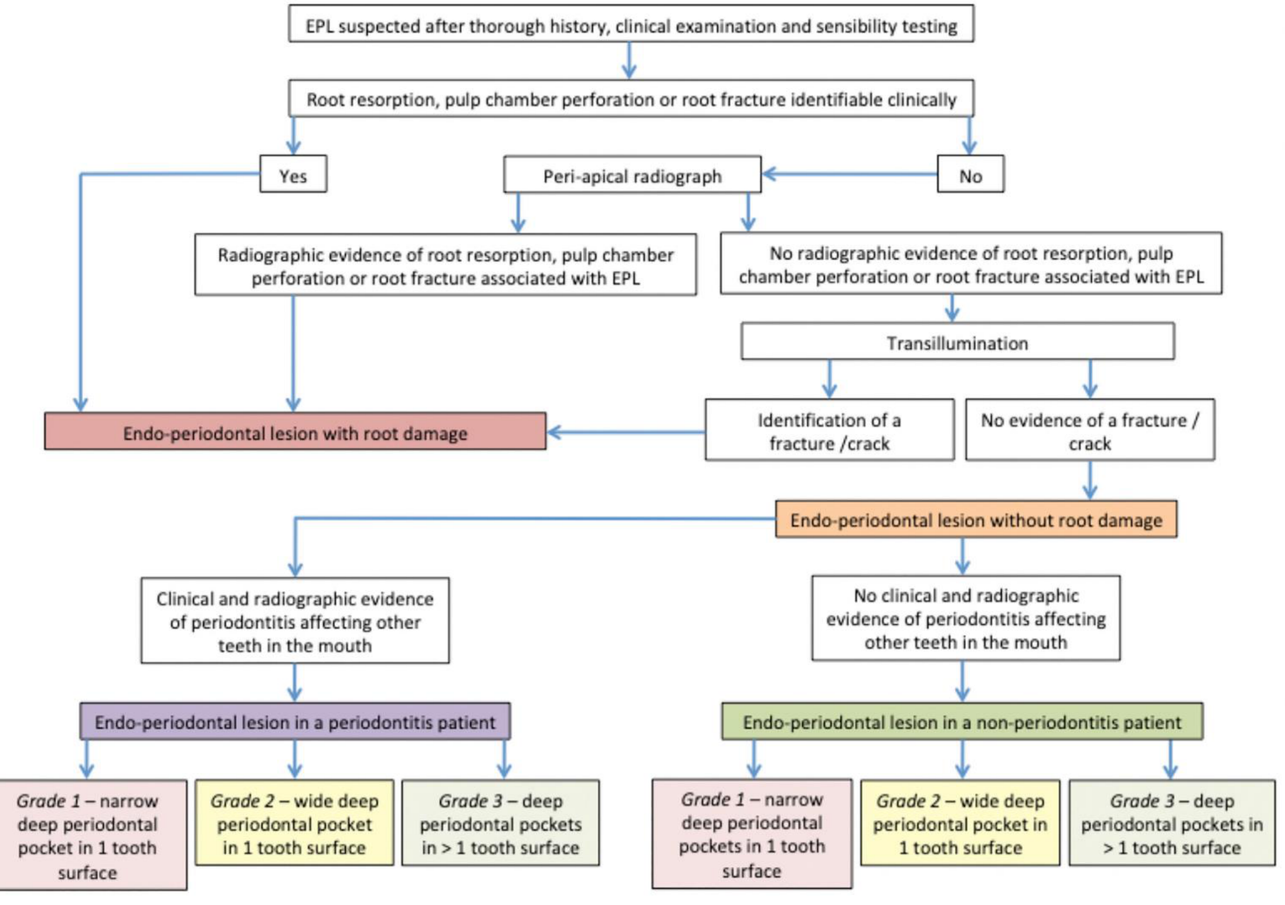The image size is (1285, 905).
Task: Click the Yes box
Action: [x=293, y=174]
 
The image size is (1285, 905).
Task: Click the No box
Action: [x=970, y=174]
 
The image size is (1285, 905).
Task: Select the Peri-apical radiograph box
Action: [x=632, y=175]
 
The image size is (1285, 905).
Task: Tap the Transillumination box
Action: [x=958, y=341]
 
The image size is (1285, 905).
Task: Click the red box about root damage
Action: [x=296, y=431]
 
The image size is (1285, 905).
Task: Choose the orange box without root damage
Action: [x=976, y=519]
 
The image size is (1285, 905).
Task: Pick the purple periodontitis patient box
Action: [x=295, y=721]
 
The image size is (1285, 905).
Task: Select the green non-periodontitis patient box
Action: [x=962, y=721]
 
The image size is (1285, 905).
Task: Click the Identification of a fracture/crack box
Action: [x=830, y=430]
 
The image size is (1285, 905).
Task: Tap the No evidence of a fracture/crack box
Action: [x=1090, y=430]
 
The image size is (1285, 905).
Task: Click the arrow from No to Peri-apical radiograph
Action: [x=850, y=174]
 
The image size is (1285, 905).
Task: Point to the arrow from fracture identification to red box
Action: [x=626, y=433]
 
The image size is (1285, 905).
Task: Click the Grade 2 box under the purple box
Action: [x=294, y=823]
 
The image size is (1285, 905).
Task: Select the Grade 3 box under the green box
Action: [x=1172, y=823]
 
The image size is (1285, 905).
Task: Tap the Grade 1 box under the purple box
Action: [x=93, y=835]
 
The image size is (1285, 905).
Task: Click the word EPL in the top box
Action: [x=320, y=26]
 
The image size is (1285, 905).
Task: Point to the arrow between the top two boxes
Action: [x=629, y=60]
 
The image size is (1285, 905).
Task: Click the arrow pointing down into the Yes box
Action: [x=293, y=136]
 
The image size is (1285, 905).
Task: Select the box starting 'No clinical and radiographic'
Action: [x=966, y=618]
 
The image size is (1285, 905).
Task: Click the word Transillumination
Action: [x=957, y=343]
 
